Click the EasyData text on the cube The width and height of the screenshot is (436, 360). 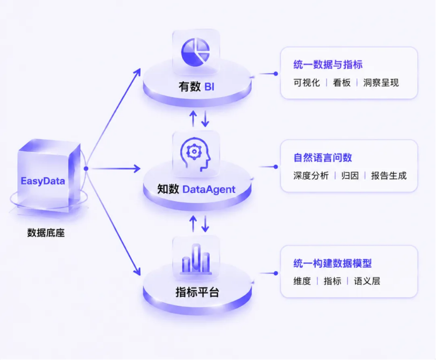[x=43, y=181]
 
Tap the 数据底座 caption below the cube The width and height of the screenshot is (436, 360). [x=46, y=233]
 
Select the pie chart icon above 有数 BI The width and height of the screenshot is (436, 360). [x=195, y=53]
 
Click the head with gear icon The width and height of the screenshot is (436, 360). [x=195, y=154]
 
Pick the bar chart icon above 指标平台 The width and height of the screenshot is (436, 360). [x=196, y=259]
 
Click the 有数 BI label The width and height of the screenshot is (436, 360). [x=196, y=87]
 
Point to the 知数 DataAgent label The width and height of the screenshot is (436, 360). [x=196, y=189]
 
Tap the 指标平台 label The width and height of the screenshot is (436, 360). [x=197, y=292]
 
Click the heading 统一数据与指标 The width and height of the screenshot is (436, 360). [x=328, y=65]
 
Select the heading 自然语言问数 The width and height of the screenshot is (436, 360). [x=323, y=158]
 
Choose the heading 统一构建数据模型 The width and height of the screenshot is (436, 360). [x=333, y=263]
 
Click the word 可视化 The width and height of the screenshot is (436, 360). [x=306, y=83]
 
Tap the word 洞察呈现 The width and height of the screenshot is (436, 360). [x=381, y=83]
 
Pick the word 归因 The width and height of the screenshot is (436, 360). [x=350, y=176]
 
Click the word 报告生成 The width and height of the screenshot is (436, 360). [x=389, y=176]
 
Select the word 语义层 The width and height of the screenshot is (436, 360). [x=367, y=281]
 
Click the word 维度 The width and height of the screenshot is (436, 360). [x=302, y=281]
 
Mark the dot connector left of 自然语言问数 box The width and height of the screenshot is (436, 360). [x=276, y=167]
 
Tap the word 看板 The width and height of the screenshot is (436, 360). [x=342, y=83]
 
